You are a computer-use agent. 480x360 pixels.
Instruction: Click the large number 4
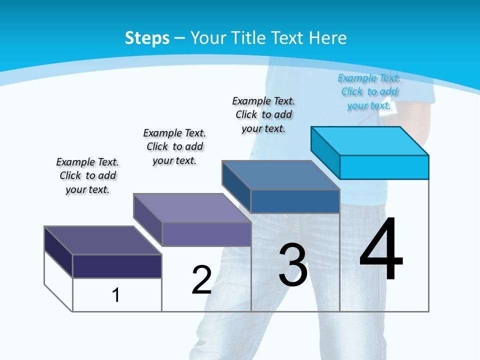click(x=381, y=250)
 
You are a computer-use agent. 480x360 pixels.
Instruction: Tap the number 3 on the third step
click(x=293, y=265)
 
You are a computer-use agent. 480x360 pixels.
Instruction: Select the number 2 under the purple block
click(x=202, y=279)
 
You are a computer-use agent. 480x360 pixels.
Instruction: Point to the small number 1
click(x=116, y=295)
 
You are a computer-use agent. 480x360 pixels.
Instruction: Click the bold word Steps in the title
click(x=147, y=38)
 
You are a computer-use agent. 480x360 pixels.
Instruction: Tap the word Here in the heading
click(x=328, y=38)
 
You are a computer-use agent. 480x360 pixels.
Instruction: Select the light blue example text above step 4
click(x=369, y=91)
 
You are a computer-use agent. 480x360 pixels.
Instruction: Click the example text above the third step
click(x=263, y=114)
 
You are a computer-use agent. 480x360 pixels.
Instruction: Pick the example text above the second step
click(x=174, y=146)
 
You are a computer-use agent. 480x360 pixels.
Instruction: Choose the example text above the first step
click(x=87, y=175)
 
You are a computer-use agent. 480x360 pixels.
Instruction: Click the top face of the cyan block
click(x=370, y=140)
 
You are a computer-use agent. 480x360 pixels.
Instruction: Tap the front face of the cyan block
click(x=384, y=167)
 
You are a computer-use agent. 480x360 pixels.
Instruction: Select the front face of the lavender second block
click(x=206, y=234)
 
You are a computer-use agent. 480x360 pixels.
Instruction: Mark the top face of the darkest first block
click(x=103, y=240)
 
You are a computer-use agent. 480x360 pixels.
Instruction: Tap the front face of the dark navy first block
click(x=117, y=266)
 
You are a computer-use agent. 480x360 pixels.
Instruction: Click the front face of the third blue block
click(x=295, y=201)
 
